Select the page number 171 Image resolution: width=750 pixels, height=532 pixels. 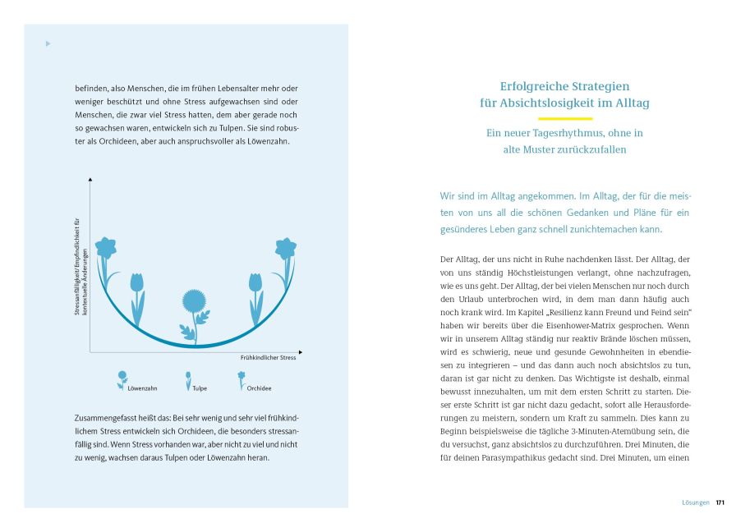(720, 502)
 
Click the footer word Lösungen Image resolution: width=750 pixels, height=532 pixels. (696, 502)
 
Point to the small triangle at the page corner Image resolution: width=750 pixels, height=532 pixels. (48, 44)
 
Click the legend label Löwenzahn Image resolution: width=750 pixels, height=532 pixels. (140, 387)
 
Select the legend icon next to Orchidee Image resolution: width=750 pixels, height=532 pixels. (242, 379)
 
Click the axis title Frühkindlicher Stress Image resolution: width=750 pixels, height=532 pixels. (268, 358)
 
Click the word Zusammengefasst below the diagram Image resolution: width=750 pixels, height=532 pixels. (100, 419)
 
